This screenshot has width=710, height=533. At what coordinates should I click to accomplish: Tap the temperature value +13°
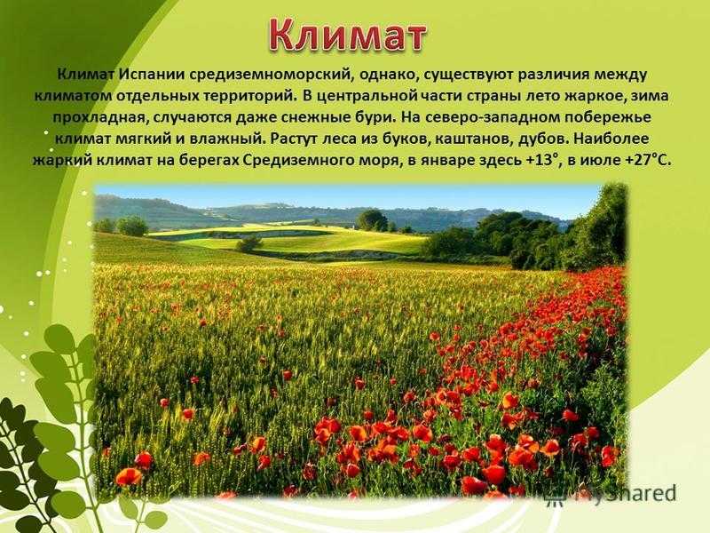pyautogui.click(x=541, y=160)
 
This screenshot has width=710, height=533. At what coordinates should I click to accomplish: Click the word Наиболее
pyautogui.click(x=611, y=139)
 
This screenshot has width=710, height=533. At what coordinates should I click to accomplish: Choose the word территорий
pyautogui.click(x=252, y=97)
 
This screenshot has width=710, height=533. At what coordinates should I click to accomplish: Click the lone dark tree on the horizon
pyautogui.click(x=372, y=219)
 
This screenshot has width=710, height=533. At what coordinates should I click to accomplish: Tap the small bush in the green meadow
pyautogui.click(x=249, y=243)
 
